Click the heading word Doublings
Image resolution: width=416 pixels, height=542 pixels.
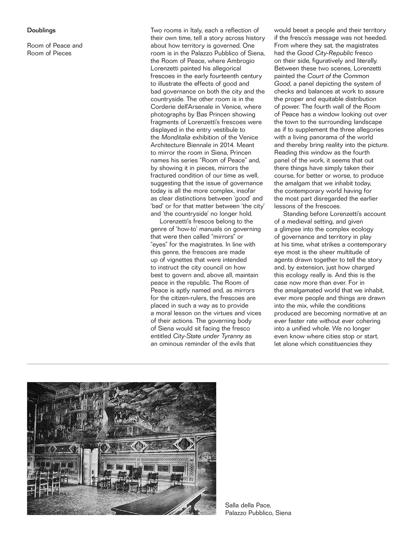pos(41,30)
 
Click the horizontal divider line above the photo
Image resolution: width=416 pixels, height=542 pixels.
pos(208,364)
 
